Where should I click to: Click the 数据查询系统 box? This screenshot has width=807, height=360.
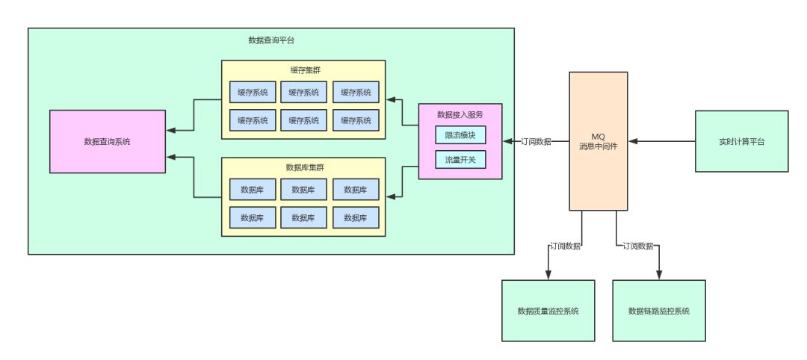click(x=107, y=141)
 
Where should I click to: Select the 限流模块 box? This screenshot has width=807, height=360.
click(x=460, y=135)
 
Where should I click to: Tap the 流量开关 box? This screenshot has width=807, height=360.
click(x=460, y=159)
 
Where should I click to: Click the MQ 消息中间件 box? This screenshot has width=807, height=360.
click(x=598, y=141)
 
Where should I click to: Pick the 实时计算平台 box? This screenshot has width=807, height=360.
click(x=741, y=141)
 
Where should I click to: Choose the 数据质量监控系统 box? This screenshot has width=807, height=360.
click(x=548, y=311)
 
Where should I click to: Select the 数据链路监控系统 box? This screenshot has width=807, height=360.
click(x=658, y=311)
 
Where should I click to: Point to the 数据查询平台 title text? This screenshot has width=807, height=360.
click(x=271, y=40)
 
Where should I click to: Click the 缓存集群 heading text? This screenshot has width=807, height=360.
click(x=303, y=70)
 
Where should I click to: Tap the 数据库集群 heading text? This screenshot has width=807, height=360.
click(x=303, y=167)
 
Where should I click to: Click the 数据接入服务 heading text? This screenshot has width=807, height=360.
click(x=460, y=114)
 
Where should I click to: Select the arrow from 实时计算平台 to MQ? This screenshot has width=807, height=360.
click(x=661, y=141)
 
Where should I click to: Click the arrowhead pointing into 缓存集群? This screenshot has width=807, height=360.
click(x=391, y=99)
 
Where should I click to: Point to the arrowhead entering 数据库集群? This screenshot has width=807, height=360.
click(x=391, y=196)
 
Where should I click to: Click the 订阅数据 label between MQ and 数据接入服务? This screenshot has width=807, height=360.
click(x=536, y=141)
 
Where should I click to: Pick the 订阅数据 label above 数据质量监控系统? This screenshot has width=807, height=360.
click(x=565, y=245)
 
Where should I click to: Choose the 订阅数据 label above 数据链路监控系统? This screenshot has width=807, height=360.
click(x=637, y=245)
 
